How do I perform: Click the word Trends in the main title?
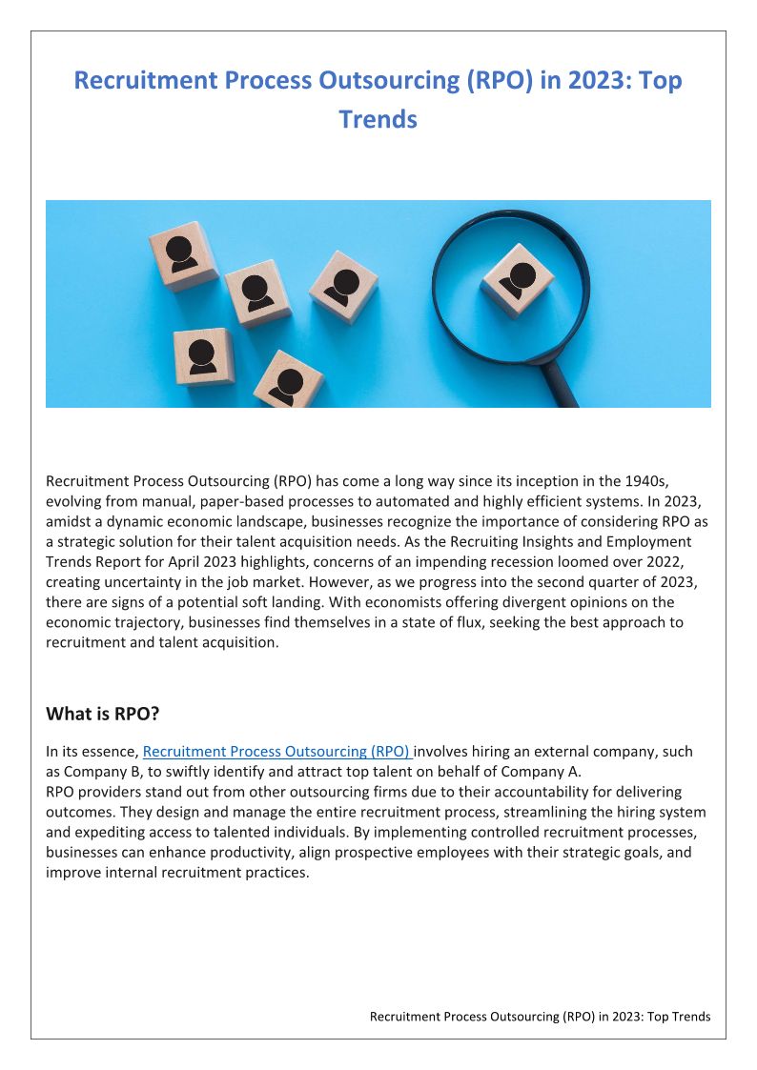click(x=378, y=119)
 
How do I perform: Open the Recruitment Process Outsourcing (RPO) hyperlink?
click(x=276, y=752)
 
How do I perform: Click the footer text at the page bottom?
click(x=540, y=1017)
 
